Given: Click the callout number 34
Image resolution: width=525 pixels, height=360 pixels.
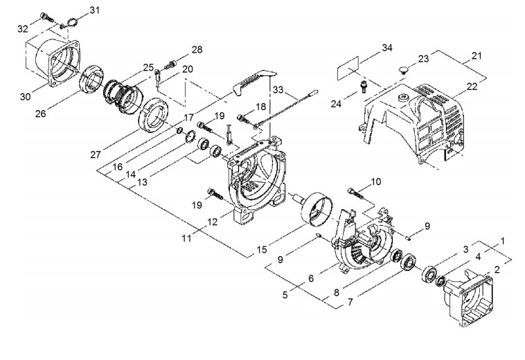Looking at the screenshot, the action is pos(386,48).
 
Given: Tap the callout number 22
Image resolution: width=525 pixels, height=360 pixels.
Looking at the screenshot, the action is pos(472,87).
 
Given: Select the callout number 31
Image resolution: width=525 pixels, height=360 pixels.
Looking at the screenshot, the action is pos(94,10).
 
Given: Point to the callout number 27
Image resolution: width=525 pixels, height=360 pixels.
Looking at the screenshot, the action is pos(96,154).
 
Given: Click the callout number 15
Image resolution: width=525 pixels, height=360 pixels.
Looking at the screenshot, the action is pos(262,249).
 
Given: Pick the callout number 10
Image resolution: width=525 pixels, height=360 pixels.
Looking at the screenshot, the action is pos(375,181).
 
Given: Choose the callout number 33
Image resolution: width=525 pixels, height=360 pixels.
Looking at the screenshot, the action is pos(278,90).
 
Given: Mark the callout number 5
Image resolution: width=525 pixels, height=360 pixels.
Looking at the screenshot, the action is pos(285,295).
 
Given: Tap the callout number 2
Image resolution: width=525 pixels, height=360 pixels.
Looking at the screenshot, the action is pos(497,269).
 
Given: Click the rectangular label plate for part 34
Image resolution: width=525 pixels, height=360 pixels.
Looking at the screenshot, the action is pos(348,68).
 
